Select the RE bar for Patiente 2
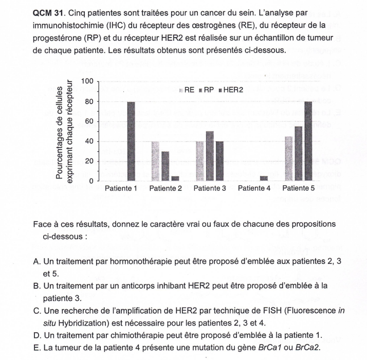(x=155, y=161)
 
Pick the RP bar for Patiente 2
(x=165, y=166)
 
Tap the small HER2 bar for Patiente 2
(x=176, y=178)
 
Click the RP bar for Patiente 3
(x=209, y=156)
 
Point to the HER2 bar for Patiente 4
(x=264, y=178)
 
